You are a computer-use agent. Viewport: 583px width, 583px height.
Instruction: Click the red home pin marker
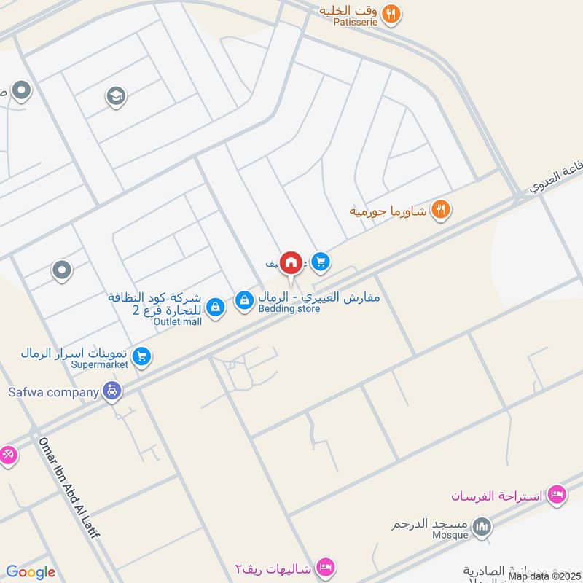pyautogui.click(x=291, y=262)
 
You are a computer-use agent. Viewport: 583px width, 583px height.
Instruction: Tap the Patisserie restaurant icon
pyautogui.click(x=392, y=12)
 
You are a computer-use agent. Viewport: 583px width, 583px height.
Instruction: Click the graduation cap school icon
pyautogui.click(x=116, y=96)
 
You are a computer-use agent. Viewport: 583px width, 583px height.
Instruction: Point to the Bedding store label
pyautogui.click(x=289, y=309)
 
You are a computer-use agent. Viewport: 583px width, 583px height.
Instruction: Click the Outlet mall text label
pyautogui.click(x=178, y=321)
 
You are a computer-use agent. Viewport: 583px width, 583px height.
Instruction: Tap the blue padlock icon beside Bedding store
pyautogui.click(x=244, y=300)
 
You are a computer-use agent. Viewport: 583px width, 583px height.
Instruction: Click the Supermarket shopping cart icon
pyautogui.click(x=142, y=356)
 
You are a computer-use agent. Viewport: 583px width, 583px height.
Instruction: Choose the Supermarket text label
pyautogui.click(x=99, y=364)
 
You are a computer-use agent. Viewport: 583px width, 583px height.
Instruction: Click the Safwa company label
pyautogui.click(x=53, y=392)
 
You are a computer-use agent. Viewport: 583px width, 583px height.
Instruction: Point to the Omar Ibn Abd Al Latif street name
pyautogui.click(x=69, y=488)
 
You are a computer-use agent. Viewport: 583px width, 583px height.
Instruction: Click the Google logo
pyautogui.click(x=31, y=572)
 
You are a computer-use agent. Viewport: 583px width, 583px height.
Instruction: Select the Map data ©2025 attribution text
pyautogui.click(x=544, y=576)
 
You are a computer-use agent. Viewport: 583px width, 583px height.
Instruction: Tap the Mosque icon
pyautogui.click(x=482, y=526)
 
